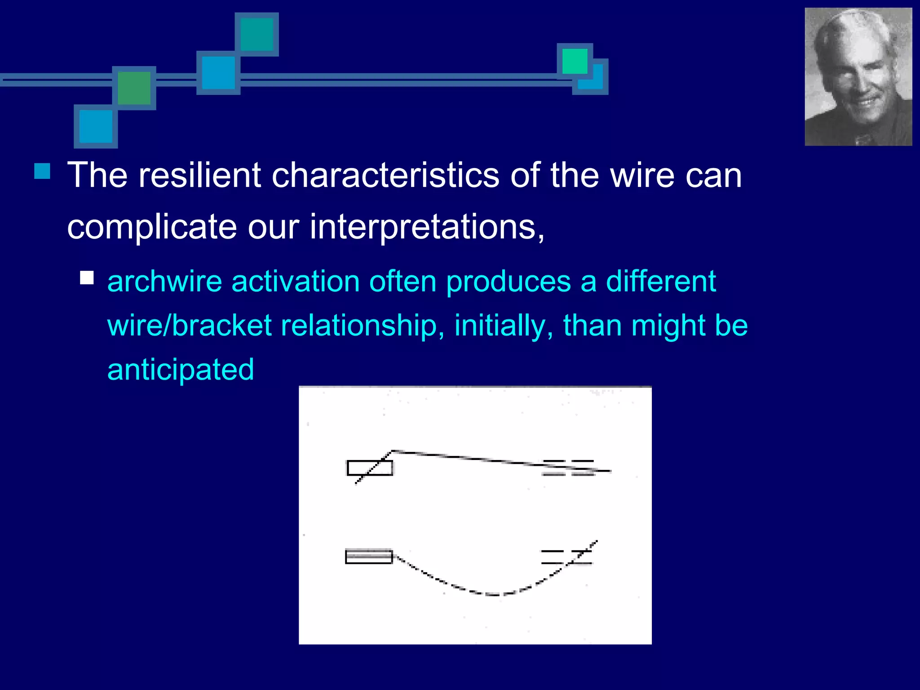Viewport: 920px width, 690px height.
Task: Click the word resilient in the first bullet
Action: (x=200, y=175)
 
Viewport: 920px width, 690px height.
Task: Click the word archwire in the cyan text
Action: (x=165, y=282)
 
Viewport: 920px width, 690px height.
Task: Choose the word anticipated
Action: (x=181, y=370)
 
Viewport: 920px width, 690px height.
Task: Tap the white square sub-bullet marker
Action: (x=87, y=278)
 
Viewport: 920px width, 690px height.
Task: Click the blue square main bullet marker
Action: (x=42, y=171)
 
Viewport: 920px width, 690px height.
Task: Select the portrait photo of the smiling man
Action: (x=858, y=77)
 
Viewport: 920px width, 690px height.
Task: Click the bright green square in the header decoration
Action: (x=575, y=61)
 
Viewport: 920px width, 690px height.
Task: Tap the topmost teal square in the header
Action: (x=257, y=35)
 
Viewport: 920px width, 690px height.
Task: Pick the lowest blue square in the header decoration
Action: (x=96, y=126)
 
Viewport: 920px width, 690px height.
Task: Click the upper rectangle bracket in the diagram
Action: (x=370, y=468)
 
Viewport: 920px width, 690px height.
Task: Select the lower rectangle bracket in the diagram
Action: (x=369, y=557)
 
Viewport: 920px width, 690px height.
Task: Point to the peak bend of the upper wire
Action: (x=393, y=451)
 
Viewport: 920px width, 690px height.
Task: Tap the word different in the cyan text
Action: (x=661, y=282)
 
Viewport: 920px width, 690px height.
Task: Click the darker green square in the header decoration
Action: (x=134, y=88)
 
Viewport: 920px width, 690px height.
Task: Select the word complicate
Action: (x=152, y=227)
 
